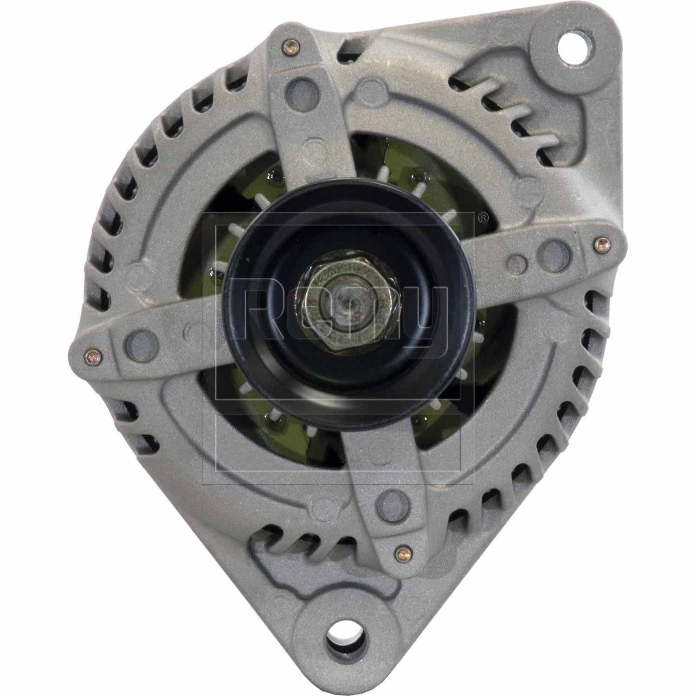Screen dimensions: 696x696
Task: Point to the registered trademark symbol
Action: [x=483, y=217]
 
